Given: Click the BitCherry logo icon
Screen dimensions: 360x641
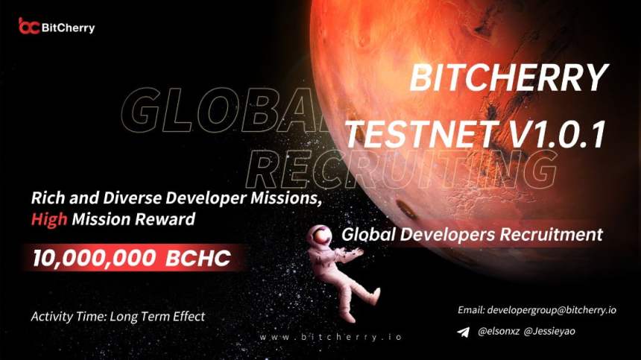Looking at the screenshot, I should click(x=28, y=27).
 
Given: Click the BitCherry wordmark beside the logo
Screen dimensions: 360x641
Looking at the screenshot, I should click(x=68, y=28).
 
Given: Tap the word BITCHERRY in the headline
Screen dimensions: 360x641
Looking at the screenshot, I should click(x=510, y=77).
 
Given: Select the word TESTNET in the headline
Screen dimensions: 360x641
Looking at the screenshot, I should click(x=418, y=134).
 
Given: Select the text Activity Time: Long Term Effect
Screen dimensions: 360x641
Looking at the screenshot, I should click(x=118, y=316).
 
